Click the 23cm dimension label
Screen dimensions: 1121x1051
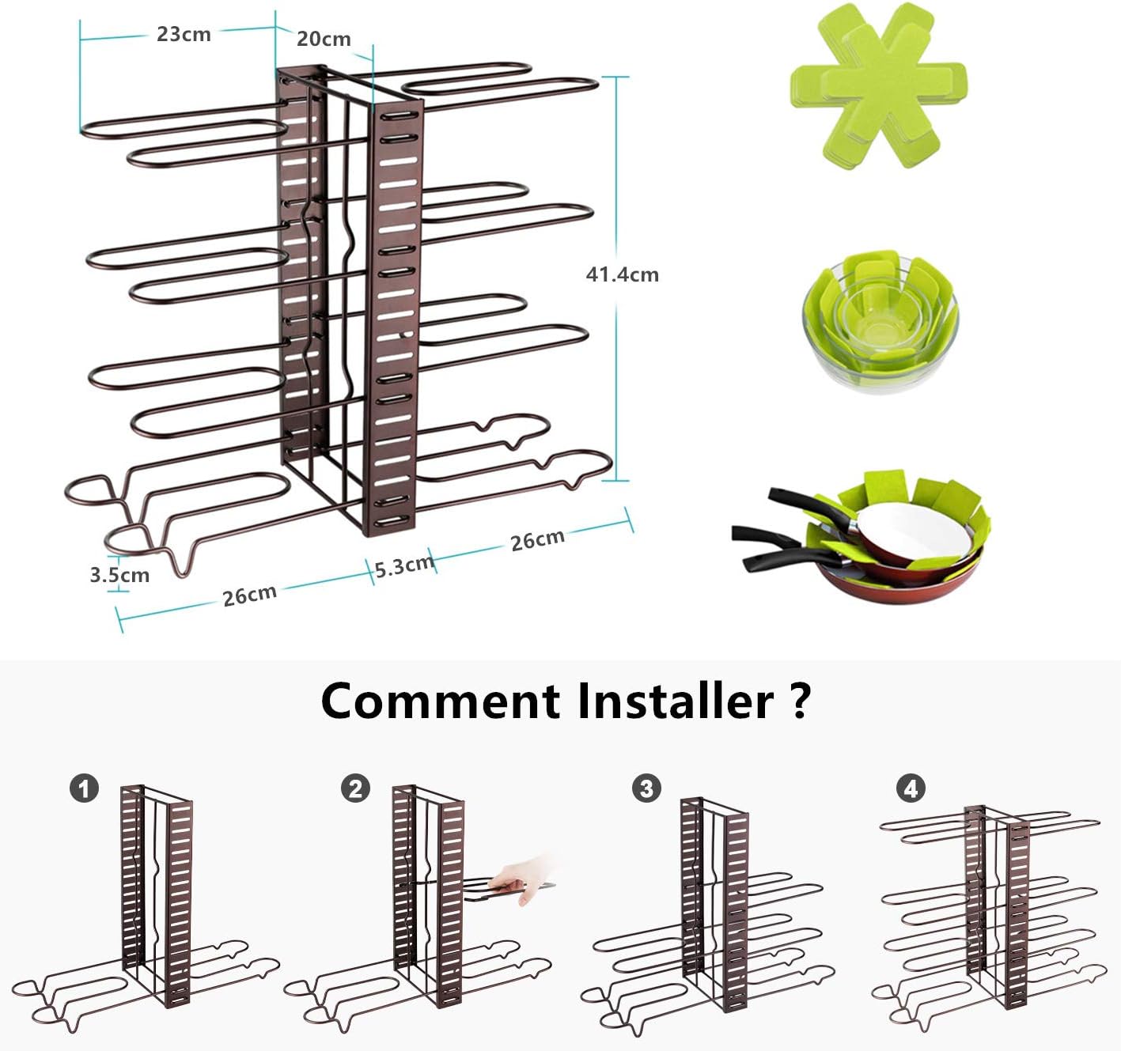(x=184, y=34)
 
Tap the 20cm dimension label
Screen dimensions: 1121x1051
(x=324, y=39)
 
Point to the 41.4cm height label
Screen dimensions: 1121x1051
(x=622, y=274)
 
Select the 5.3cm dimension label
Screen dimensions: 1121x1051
(x=403, y=566)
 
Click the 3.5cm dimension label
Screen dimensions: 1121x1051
(x=119, y=575)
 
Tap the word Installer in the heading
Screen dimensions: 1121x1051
(x=675, y=701)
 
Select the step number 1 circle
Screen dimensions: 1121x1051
(x=84, y=788)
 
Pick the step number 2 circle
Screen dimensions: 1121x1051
(x=355, y=788)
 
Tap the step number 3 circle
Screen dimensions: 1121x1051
(x=646, y=788)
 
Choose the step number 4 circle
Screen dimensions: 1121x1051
(x=911, y=788)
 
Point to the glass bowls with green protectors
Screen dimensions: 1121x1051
(x=880, y=320)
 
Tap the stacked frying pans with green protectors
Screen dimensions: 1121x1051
(x=902, y=538)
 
